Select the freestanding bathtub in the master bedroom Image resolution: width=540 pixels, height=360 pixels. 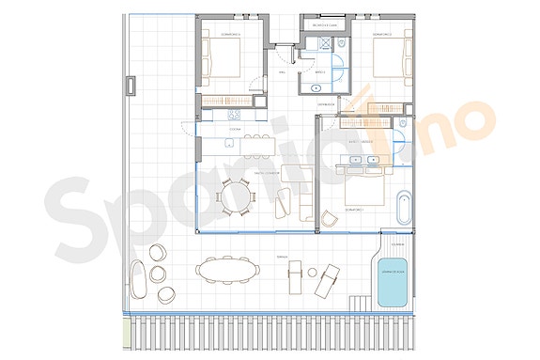(405, 208)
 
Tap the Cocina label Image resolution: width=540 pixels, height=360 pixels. (236, 128)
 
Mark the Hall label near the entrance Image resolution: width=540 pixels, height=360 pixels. (282, 70)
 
